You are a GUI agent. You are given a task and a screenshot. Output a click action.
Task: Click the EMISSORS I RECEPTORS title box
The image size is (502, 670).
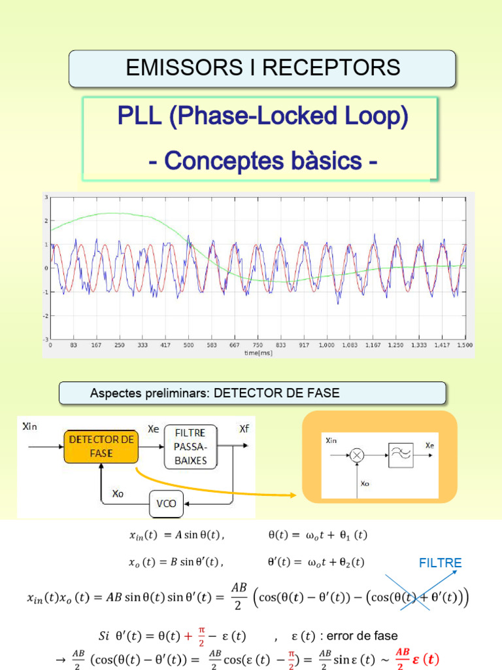coord(262,68)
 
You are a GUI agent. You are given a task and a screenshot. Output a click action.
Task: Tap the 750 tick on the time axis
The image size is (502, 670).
coord(258,345)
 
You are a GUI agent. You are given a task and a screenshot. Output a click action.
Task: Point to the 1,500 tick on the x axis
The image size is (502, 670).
coord(465,345)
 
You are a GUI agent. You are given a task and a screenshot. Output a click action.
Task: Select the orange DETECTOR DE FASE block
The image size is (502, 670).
coord(101,446)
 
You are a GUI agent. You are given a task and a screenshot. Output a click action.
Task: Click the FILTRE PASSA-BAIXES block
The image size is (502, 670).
coord(190,446)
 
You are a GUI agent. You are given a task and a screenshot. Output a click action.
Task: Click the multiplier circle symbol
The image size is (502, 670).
coord(356,456)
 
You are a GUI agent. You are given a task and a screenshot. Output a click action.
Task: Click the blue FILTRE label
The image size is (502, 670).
coord(440,563)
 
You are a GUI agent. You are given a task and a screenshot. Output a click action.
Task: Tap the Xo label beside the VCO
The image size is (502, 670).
coord(118,494)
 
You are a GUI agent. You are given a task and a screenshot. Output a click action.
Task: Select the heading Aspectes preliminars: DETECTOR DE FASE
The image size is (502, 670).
coord(215,393)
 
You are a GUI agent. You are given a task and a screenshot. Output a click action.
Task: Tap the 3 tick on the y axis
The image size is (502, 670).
coord(46,197)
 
